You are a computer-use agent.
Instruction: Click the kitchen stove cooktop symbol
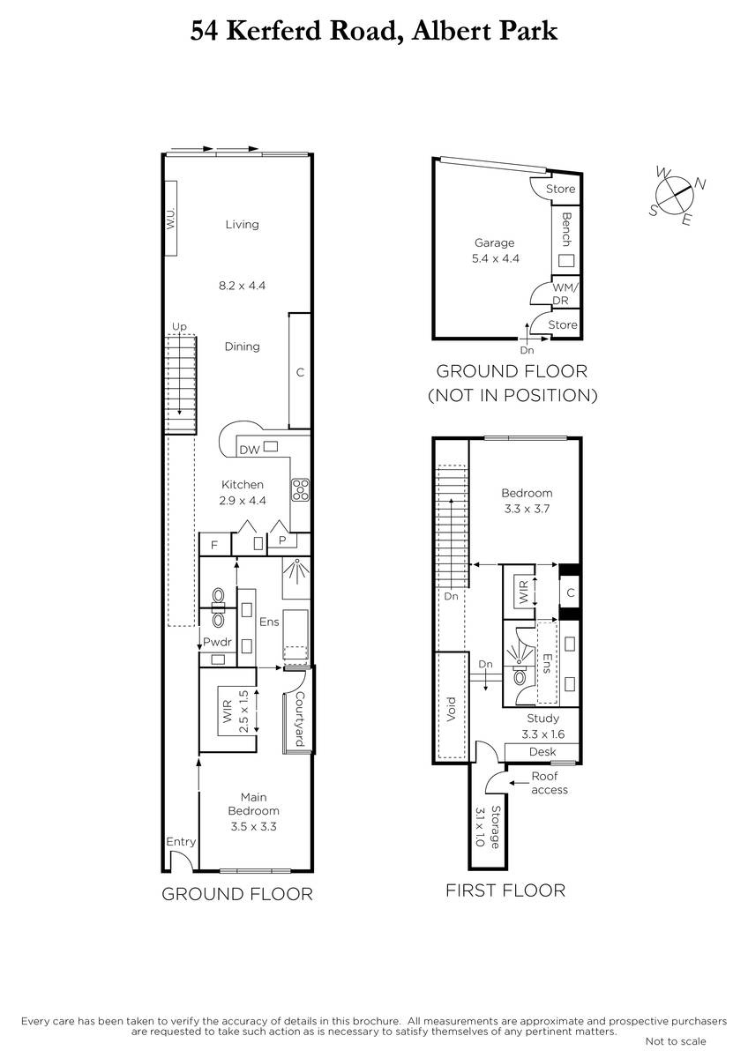click(301, 490)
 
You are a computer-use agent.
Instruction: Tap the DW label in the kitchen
click(250, 450)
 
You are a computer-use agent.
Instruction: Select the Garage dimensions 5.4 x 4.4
click(495, 258)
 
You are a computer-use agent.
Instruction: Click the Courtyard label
click(300, 719)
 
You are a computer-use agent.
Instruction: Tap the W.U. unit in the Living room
click(170, 219)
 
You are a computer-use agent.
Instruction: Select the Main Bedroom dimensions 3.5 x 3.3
click(254, 827)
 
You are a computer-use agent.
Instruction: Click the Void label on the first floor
click(452, 709)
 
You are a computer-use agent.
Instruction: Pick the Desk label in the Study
click(542, 751)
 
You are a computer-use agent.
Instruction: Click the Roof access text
click(549, 783)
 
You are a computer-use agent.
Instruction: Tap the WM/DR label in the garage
click(565, 294)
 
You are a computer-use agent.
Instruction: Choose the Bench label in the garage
click(566, 229)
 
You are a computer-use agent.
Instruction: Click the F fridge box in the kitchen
click(215, 545)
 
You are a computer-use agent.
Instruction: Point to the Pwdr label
click(217, 642)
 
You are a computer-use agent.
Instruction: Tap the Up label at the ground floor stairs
click(179, 327)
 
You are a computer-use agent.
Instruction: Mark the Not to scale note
click(676, 1041)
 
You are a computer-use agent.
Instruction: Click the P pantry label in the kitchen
click(282, 540)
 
